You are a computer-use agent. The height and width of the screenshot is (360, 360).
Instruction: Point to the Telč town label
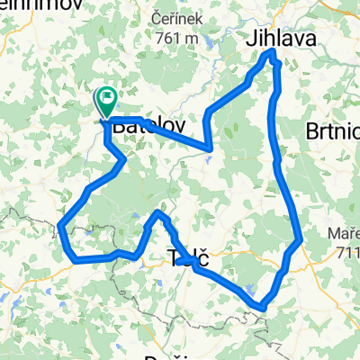coord(189,259)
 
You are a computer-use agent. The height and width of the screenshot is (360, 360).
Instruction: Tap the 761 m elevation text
coord(177,38)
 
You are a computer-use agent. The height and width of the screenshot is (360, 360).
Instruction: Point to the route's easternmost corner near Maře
coord(300,239)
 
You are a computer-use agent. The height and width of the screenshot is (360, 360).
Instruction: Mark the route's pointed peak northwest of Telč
coord(159,212)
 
